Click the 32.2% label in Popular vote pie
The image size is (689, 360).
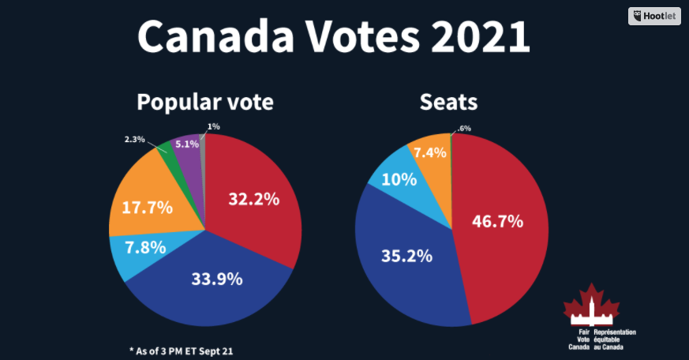[253, 199]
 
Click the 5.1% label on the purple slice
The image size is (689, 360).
[186, 144]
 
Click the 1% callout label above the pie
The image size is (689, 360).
[213, 126]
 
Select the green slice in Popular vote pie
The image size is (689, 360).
[166, 148]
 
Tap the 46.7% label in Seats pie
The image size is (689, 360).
[497, 221]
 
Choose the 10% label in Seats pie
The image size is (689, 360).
[399, 179]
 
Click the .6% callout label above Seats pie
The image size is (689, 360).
[464, 129]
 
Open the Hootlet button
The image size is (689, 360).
[654, 16]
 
